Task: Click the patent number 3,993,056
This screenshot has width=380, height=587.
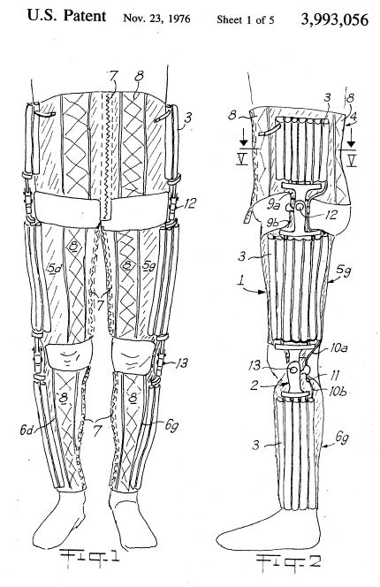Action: [x=334, y=19]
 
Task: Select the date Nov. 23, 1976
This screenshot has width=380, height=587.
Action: [x=156, y=19]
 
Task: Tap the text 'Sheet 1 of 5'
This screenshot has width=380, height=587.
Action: [x=245, y=19]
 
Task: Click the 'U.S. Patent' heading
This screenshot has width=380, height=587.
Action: [x=66, y=16]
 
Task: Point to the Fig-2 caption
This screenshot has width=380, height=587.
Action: [x=288, y=561]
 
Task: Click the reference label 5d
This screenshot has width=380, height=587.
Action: [x=55, y=268]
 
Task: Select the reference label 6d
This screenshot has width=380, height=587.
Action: [x=27, y=431]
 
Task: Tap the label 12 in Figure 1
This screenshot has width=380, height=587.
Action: [x=190, y=204]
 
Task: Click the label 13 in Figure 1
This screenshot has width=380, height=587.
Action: [x=181, y=362]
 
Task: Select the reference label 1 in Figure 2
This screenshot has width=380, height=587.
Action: [x=241, y=280]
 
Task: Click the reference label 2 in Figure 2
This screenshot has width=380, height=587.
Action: [x=255, y=385]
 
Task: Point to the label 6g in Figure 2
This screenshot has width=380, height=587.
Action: [x=342, y=437]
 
